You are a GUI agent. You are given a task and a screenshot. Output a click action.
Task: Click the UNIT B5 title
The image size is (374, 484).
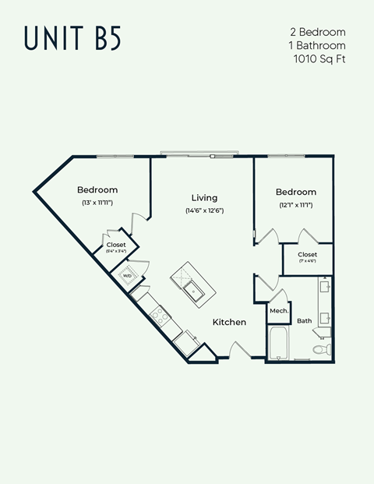(x=73, y=37)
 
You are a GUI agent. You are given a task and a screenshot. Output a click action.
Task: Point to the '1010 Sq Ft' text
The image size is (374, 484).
(x=319, y=58)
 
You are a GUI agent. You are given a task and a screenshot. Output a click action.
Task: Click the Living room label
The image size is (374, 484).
(x=204, y=198)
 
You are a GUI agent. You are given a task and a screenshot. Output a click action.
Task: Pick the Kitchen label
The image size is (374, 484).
(x=230, y=322)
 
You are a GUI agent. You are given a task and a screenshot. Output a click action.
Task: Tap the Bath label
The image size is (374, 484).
(x=304, y=320)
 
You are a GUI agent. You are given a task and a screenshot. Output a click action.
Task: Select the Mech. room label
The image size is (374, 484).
(x=279, y=311)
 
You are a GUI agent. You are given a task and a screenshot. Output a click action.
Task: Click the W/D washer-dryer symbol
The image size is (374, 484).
(x=126, y=275)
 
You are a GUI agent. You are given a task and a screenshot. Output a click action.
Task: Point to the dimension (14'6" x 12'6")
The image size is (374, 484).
(x=204, y=210)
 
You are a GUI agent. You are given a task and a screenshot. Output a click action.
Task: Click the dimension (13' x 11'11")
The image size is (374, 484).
(x=97, y=203)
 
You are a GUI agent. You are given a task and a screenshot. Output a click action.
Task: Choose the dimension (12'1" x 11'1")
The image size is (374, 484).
(x=296, y=205)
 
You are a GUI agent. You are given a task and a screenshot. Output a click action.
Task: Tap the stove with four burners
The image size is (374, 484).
(x=161, y=315)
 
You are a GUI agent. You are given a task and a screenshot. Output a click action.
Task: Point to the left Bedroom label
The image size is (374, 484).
(x=97, y=190)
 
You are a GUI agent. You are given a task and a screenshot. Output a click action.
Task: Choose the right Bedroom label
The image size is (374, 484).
(x=296, y=192)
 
